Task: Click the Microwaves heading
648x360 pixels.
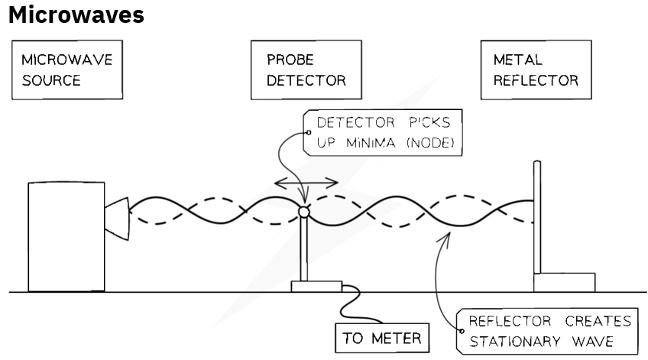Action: [76, 15]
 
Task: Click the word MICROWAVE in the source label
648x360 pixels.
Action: [67, 60]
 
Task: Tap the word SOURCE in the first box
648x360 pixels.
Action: [51, 80]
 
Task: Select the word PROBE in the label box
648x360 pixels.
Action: [290, 60]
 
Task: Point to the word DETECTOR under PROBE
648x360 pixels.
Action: [306, 80]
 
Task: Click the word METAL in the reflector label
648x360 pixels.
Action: [518, 60]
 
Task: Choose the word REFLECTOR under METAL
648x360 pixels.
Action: [536, 80]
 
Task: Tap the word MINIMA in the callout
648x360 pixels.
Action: [371, 143]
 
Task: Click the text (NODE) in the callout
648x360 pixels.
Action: [431, 143]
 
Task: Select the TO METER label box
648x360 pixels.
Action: [382, 338]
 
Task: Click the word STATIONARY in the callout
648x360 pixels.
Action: [514, 342]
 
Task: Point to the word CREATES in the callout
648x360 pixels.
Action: [598, 321]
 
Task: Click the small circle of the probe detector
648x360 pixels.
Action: [304, 212]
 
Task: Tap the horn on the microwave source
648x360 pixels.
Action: [117, 219]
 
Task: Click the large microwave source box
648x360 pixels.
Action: [66, 237]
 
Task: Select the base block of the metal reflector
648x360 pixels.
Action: [565, 283]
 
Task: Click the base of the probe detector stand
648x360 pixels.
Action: [316, 287]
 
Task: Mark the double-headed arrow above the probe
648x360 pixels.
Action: [306, 182]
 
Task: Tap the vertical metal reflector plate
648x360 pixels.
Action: [537, 217]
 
